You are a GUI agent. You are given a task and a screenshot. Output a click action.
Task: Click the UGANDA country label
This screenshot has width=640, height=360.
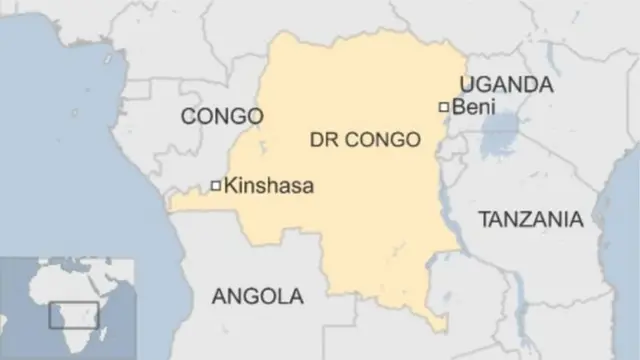pyautogui.click(x=505, y=84)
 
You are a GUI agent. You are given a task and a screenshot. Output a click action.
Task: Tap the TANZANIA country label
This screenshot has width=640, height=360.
pyautogui.click(x=530, y=220)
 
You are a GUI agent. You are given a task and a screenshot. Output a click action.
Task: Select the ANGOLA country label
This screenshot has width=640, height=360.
pyautogui.click(x=256, y=296)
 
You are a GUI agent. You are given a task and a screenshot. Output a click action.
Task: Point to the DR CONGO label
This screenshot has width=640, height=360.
pyautogui.click(x=366, y=141)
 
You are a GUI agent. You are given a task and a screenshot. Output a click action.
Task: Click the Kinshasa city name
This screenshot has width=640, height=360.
pyautogui.click(x=269, y=185)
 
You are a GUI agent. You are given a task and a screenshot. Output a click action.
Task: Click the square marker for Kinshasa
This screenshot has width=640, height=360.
pyautogui.click(x=215, y=185)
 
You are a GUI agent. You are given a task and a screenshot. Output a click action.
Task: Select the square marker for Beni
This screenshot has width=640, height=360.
pyautogui.click(x=444, y=106)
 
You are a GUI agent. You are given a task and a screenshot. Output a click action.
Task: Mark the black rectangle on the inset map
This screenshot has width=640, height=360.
pyautogui.click(x=74, y=314)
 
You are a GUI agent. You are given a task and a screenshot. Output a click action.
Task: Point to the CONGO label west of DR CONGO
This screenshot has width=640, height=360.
pyautogui.click(x=221, y=117)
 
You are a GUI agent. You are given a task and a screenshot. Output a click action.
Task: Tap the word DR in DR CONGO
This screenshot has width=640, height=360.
pyautogui.click(x=325, y=141)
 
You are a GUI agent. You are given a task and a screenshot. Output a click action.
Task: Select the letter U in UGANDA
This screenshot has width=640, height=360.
pyautogui.click(x=466, y=84)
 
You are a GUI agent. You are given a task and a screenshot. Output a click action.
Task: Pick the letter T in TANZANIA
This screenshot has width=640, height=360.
pyautogui.click(x=483, y=220)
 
